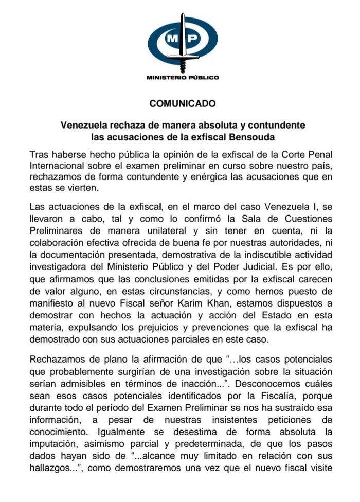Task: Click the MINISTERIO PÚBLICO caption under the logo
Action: click(183, 78)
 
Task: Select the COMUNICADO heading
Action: click(183, 103)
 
